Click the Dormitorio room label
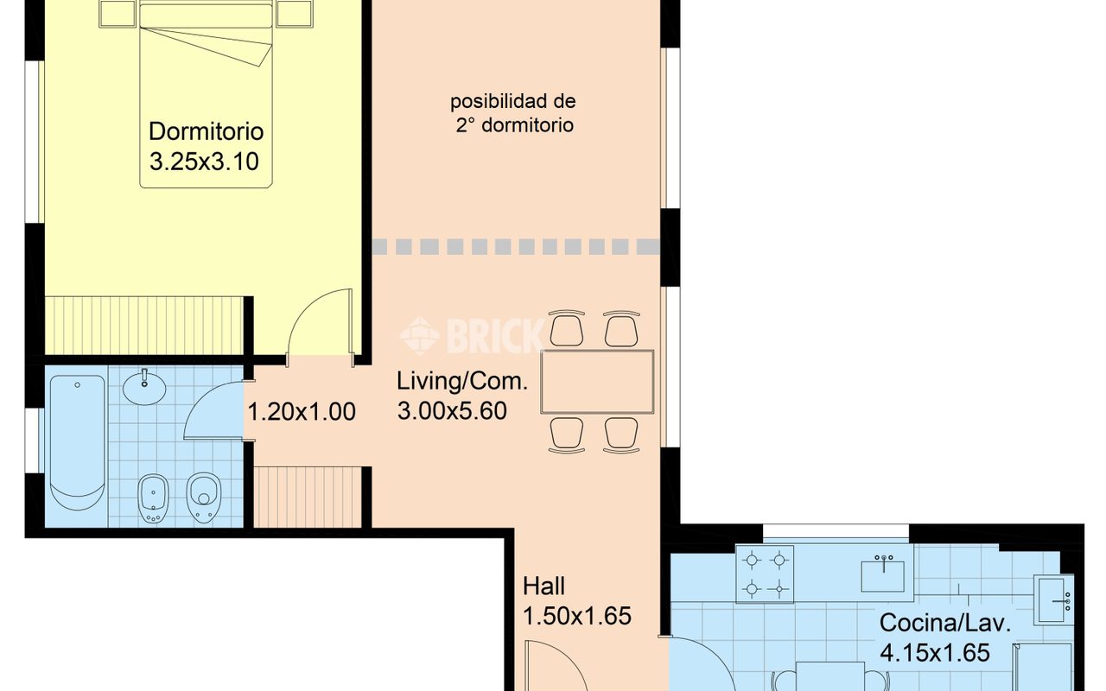coord(207,131)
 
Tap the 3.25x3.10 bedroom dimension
coord(205,162)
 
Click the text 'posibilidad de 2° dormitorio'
coord(513,113)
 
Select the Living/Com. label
coord(462,382)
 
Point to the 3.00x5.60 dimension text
coord(452,411)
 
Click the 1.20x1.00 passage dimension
coord(302,412)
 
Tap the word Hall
coord(543,586)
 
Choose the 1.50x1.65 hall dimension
coord(577,617)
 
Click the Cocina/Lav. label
coord(945,624)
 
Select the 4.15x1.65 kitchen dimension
coord(935,653)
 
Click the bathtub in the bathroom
coord(77,443)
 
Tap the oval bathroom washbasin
coord(144,388)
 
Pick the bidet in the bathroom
coord(153,498)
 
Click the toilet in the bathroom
coord(203,498)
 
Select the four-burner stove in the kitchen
coord(765,574)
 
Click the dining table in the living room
coord(597,382)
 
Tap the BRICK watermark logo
coord(472,336)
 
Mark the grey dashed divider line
coord(517,247)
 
